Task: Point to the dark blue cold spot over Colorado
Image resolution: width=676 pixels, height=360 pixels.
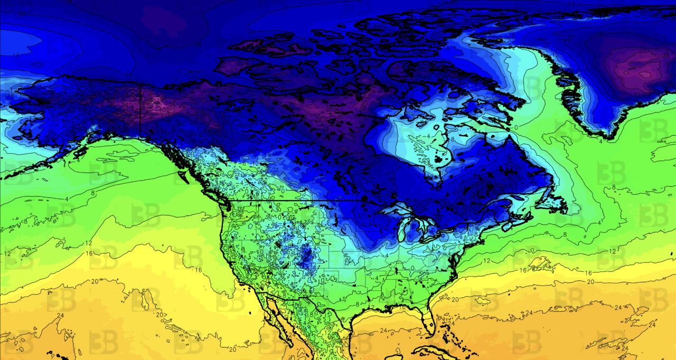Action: [x=305, y=257]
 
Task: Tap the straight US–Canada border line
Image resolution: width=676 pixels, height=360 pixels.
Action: [x=296, y=201]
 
